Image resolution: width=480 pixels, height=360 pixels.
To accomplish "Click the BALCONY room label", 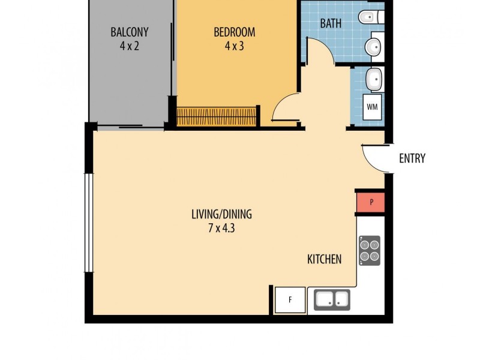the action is pyautogui.click(x=130, y=32).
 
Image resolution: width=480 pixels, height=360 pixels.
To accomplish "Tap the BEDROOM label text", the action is pyautogui.click(x=234, y=32).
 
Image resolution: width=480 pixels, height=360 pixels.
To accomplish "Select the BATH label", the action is pyautogui.click(x=331, y=23).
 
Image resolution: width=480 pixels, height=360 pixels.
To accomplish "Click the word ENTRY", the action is pyautogui.click(x=412, y=158).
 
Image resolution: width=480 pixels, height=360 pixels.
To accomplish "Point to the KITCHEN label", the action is pyautogui.click(x=324, y=259).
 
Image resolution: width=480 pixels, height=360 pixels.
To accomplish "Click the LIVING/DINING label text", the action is pyautogui.click(x=221, y=214).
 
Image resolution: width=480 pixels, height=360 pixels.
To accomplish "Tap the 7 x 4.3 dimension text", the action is pyautogui.click(x=221, y=228).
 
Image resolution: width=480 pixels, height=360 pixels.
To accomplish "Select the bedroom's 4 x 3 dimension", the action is pyautogui.click(x=234, y=46).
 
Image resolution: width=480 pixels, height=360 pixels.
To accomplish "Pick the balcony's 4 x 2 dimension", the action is pyautogui.click(x=130, y=46).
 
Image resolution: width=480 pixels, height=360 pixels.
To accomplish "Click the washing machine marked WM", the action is pyautogui.click(x=372, y=107).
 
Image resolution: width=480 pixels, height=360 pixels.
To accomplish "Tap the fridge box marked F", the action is pyautogui.click(x=290, y=300).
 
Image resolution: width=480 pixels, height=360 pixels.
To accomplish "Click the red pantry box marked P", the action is pyautogui.click(x=371, y=202).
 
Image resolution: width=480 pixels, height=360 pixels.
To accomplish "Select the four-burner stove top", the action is pyautogui.click(x=370, y=250).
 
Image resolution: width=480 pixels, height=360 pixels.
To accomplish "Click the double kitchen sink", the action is pyautogui.click(x=332, y=299).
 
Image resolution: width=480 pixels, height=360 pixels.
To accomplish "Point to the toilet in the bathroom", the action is pyautogui.click(x=371, y=17).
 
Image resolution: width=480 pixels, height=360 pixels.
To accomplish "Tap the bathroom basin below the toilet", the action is pyautogui.click(x=373, y=47).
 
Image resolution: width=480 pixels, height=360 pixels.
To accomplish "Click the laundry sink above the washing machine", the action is pyautogui.click(x=374, y=79).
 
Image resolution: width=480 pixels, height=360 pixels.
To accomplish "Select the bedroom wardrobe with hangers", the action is pyautogui.click(x=217, y=116).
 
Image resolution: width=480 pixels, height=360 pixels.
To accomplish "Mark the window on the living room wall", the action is pyautogui.click(x=89, y=223).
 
